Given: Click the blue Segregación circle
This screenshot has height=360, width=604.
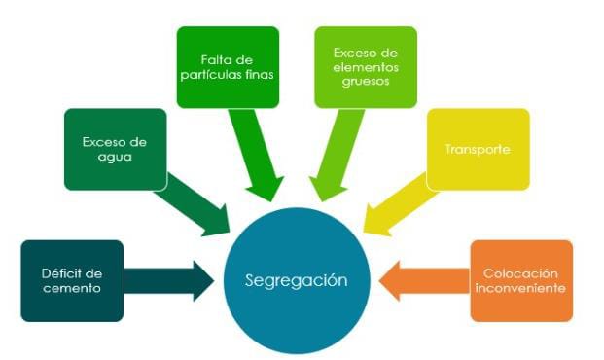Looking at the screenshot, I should (296, 279).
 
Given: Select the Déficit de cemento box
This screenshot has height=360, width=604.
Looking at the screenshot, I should (72, 280).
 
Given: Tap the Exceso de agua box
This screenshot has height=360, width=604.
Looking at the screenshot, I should (114, 148).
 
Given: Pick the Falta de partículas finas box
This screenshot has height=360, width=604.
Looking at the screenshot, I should (228, 66).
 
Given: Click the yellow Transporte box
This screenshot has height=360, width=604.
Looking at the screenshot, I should (478, 149).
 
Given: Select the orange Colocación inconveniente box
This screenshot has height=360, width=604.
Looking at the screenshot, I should (521, 280).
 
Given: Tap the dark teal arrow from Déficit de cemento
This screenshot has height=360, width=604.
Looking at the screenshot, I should (170, 280).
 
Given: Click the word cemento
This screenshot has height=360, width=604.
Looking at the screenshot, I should (72, 289).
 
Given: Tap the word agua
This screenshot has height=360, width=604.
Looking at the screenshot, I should (114, 157).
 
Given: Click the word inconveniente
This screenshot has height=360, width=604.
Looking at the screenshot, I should (521, 289).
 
